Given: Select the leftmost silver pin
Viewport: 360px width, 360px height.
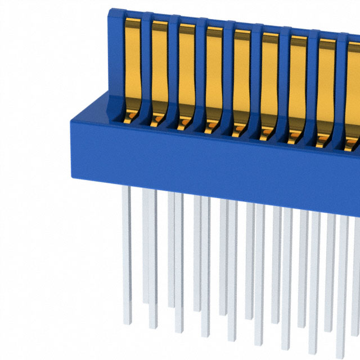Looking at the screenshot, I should (x=127, y=247).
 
